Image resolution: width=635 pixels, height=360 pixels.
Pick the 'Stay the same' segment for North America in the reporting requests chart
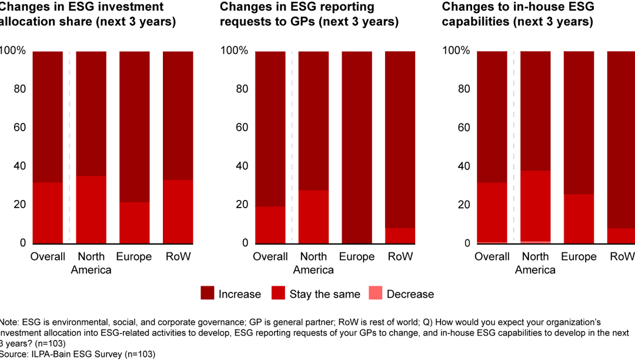(313, 216)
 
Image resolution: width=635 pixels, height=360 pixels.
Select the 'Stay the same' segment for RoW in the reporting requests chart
(400, 235)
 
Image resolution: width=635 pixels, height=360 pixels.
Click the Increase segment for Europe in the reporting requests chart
(357, 147)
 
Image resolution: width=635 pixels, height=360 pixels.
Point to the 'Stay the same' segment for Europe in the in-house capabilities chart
(578, 218)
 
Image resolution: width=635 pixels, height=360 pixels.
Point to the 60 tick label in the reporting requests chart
(233, 128)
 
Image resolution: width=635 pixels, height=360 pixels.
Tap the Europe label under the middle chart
(357, 257)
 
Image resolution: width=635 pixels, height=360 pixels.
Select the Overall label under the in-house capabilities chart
(491, 257)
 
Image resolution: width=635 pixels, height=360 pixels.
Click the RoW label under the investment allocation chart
(178, 257)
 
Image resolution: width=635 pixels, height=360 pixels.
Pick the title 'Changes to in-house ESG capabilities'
(517, 15)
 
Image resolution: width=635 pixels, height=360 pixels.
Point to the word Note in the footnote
(10, 322)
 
